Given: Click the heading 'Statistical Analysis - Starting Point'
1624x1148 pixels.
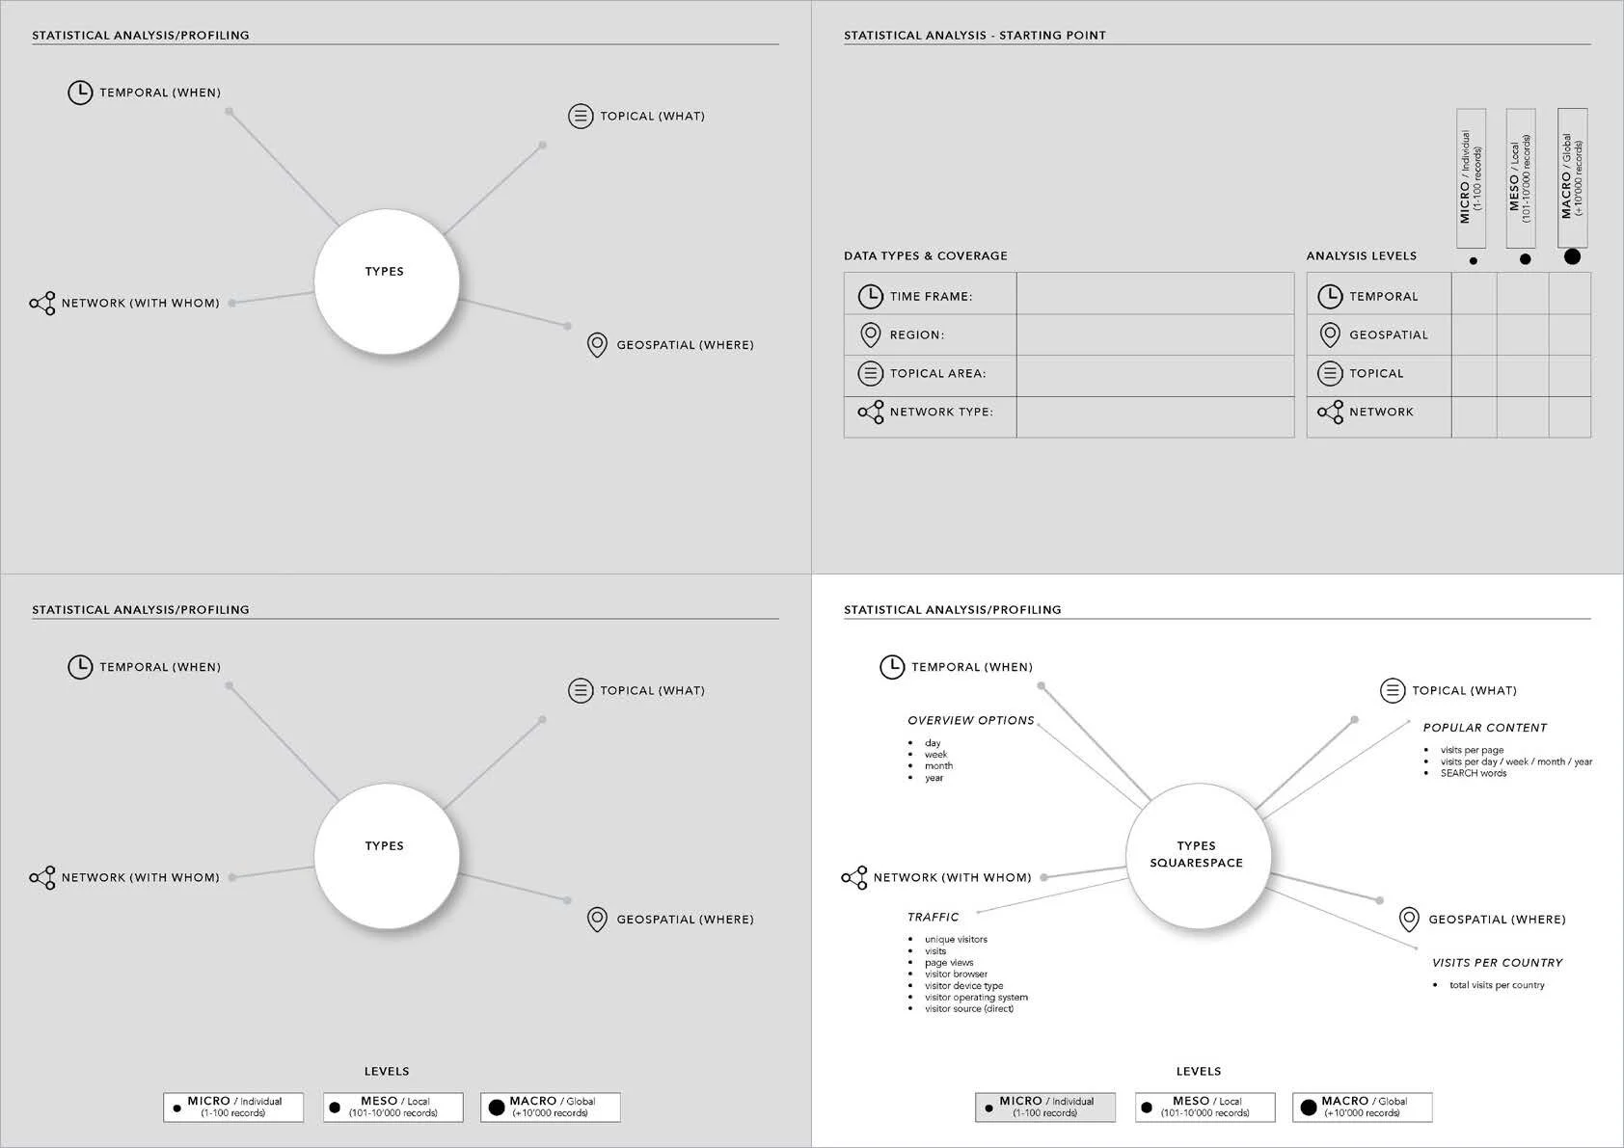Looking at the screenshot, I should click(x=974, y=36).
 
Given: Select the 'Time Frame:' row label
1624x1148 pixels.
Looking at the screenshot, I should click(x=931, y=297).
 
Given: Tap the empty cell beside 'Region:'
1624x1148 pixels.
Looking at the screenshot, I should click(x=1154, y=334).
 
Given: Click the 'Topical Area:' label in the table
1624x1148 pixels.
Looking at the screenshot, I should click(x=937, y=374).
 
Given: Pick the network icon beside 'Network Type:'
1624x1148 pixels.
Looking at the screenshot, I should click(x=871, y=413).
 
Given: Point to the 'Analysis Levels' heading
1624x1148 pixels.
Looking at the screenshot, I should click(x=1361, y=256).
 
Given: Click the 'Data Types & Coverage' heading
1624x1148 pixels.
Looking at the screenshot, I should click(x=925, y=256).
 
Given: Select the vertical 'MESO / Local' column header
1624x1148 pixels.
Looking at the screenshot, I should click(x=1520, y=178).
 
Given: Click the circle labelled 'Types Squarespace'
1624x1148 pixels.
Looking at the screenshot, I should click(x=1197, y=855).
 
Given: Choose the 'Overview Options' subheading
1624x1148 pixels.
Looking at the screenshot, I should click(x=970, y=721).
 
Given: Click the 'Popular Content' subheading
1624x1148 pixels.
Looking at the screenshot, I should click(x=1484, y=729).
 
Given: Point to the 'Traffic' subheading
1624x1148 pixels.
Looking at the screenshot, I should click(x=933, y=918).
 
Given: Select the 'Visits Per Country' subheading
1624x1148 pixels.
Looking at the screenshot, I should click(x=1497, y=963).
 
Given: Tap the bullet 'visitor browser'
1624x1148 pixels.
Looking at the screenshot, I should click(x=956, y=974).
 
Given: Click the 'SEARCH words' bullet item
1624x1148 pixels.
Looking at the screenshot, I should click(x=1473, y=774).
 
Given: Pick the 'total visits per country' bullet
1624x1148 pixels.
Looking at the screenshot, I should click(x=1497, y=985).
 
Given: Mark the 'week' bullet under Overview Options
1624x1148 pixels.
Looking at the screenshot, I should click(x=935, y=755).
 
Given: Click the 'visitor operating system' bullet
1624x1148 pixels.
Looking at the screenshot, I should click(x=976, y=998).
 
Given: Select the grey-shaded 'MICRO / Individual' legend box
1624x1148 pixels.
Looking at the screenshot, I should click(x=1045, y=1107).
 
